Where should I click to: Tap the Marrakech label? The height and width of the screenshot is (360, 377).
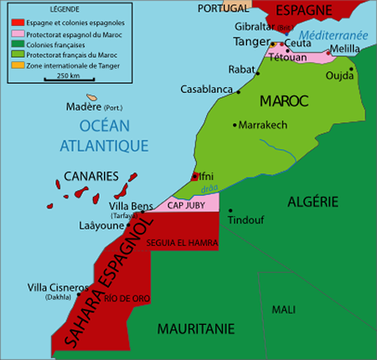pos(263,125)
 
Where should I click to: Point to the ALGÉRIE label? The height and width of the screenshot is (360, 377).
pos(312,201)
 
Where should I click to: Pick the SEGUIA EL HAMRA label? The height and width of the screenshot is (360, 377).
pos(182,243)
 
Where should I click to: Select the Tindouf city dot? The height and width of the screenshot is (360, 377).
pos(230,211)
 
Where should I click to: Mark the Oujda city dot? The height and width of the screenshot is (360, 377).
pos(352,69)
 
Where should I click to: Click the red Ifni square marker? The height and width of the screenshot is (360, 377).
pos(196,176)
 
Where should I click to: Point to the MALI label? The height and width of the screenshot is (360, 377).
pos(283,310)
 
